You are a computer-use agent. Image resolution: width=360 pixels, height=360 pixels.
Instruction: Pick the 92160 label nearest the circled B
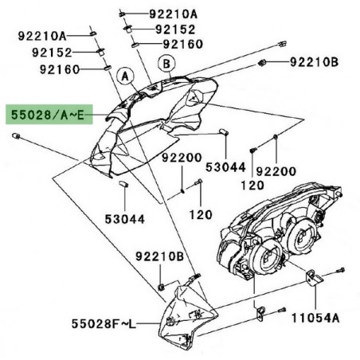(x=182, y=44)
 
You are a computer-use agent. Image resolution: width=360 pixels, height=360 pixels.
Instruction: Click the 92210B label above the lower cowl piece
(x=158, y=257)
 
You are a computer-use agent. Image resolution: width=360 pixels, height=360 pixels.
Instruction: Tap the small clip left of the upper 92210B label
(x=264, y=61)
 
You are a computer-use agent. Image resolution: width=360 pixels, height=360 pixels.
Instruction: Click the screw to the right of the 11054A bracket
(x=341, y=270)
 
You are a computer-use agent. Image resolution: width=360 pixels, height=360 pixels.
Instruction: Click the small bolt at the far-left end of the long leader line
(x=15, y=138)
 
